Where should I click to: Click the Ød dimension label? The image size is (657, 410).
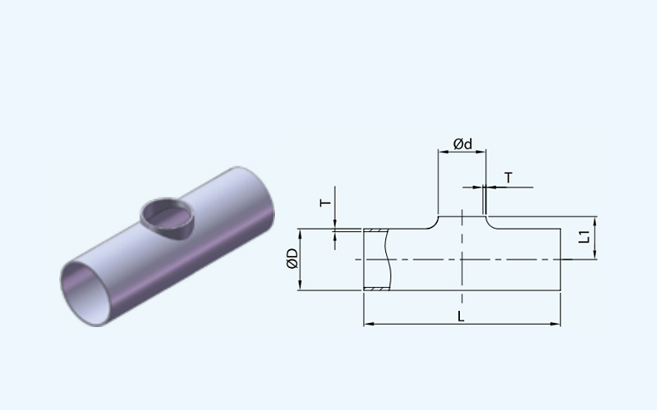462,144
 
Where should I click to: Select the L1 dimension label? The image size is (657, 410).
584,237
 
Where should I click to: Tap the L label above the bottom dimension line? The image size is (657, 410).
461,317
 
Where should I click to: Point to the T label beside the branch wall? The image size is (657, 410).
508,178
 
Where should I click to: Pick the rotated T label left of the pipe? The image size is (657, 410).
325,203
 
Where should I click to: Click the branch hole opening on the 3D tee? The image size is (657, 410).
168,219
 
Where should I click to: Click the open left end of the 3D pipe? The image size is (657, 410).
87,293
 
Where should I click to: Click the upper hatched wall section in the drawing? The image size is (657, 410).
376,230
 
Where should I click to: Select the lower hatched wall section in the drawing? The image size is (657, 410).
376,289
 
